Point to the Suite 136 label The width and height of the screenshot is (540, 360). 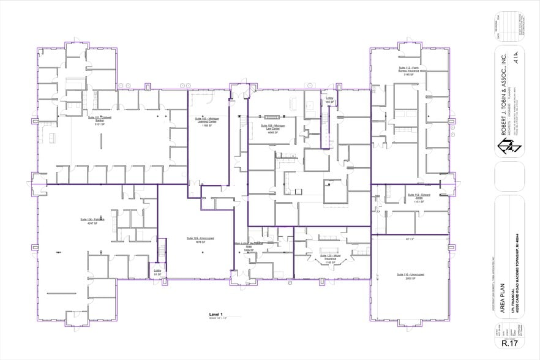[x=92, y=221]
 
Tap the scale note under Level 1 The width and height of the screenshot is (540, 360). [x=217, y=318]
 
